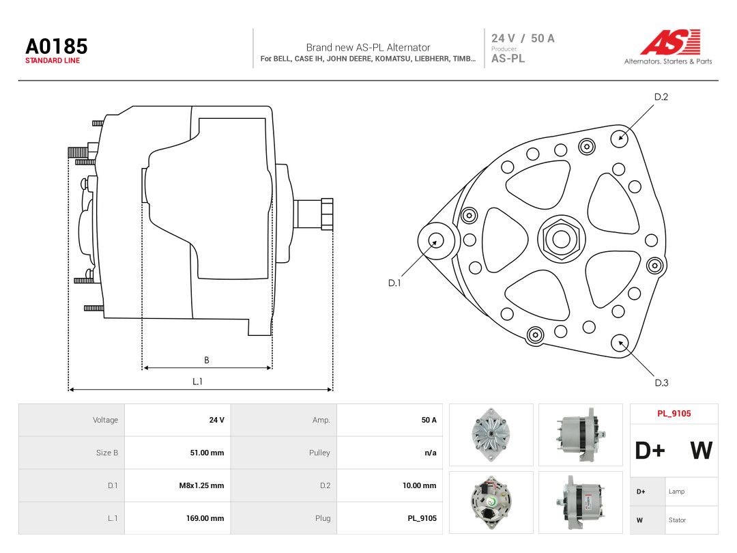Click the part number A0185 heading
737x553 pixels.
[57, 46]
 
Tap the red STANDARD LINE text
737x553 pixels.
[53, 61]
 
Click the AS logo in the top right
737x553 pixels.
[669, 42]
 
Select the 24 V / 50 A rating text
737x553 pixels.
[523, 38]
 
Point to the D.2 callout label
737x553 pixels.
[661, 97]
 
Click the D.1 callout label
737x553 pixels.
[394, 283]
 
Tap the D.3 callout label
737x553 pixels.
[661, 383]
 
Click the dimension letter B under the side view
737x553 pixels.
[206, 360]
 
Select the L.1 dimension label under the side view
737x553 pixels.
[197, 382]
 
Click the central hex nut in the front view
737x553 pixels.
[561, 239]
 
